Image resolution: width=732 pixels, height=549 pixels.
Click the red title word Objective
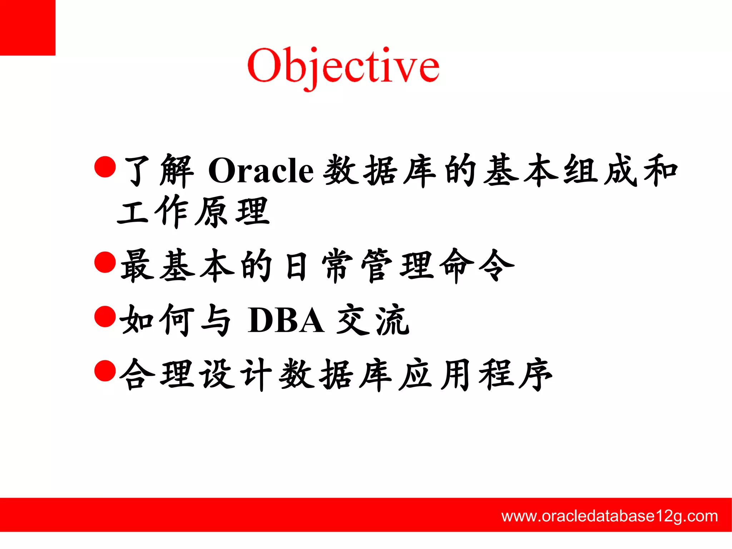click(x=343, y=66)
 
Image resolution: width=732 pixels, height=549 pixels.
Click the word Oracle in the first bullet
click(x=261, y=171)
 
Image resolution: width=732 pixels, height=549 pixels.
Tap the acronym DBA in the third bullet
click(x=286, y=320)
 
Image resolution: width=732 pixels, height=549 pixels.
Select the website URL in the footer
click(x=609, y=516)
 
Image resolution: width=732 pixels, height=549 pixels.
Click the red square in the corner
click(x=28, y=28)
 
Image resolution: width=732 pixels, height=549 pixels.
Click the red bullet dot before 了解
click(x=105, y=167)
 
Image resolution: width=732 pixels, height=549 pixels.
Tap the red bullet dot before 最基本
click(x=105, y=262)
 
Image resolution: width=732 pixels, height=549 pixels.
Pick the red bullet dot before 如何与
click(x=105, y=317)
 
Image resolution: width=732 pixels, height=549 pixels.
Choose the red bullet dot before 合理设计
click(x=105, y=371)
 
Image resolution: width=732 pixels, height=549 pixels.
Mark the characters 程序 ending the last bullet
click(x=515, y=374)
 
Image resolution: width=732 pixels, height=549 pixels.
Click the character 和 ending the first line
click(x=661, y=171)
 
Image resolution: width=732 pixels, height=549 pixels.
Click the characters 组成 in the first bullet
click(x=600, y=171)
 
